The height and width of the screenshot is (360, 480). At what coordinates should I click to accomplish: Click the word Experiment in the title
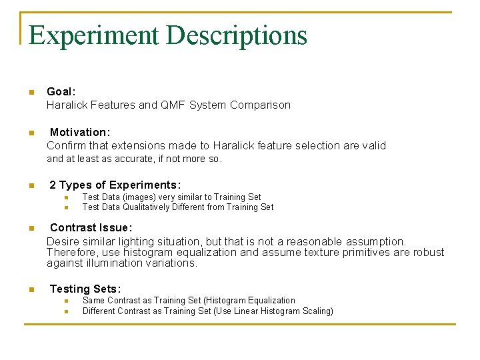(94, 35)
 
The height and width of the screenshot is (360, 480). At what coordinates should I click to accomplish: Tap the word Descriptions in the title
(237, 35)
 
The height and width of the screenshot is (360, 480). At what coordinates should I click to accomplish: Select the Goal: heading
(61, 91)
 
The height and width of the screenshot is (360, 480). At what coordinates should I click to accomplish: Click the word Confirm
(65, 145)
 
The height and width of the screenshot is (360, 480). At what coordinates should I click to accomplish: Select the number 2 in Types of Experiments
(53, 185)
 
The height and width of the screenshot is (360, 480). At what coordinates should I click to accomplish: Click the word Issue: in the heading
(113, 227)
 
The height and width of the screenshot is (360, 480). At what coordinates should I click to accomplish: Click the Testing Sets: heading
(85, 289)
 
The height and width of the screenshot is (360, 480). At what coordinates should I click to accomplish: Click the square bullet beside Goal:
(31, 92)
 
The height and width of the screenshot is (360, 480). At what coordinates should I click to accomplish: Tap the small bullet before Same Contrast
(67, 301)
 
